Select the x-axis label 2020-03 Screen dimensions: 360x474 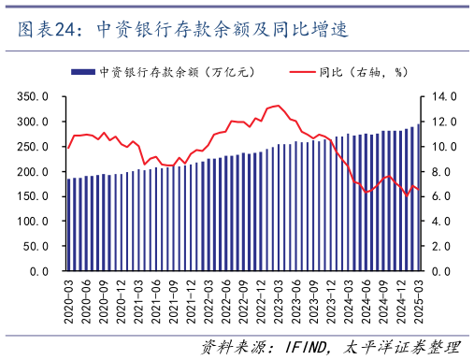pos(68,299)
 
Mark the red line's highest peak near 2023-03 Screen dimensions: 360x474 pos(278,106)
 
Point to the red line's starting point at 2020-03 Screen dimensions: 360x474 pos(68,148)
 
